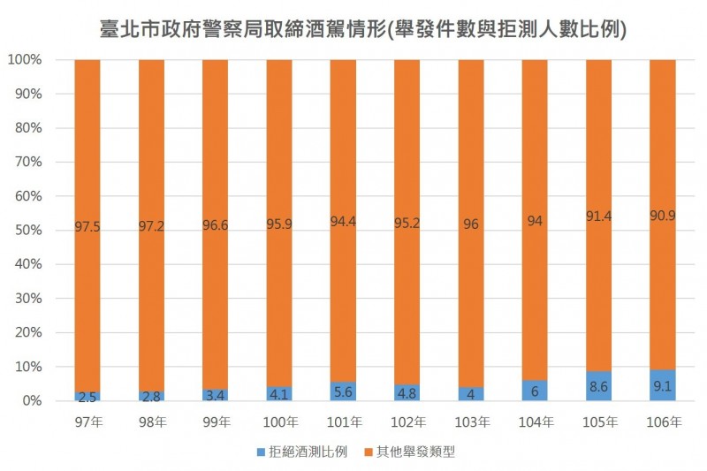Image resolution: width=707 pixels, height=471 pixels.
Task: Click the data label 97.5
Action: pyautogui.click(x=87, y=228)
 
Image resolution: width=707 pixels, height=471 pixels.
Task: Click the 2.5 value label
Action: pyautogui.click(x=87, y=397)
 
